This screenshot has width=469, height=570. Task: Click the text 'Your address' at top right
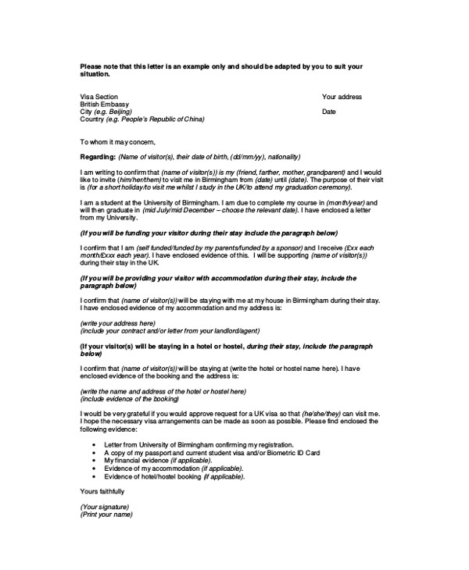click(342, 97)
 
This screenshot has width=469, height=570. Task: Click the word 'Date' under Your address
click(328, 112)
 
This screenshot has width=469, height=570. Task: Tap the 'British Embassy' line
click(105, 104)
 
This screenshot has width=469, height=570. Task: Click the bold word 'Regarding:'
click(98, 156)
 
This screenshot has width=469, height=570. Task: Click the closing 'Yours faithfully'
click(102, 491)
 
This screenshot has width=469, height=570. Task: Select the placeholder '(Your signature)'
click(105, 506)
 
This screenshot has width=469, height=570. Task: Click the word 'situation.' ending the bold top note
click(95, 74)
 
